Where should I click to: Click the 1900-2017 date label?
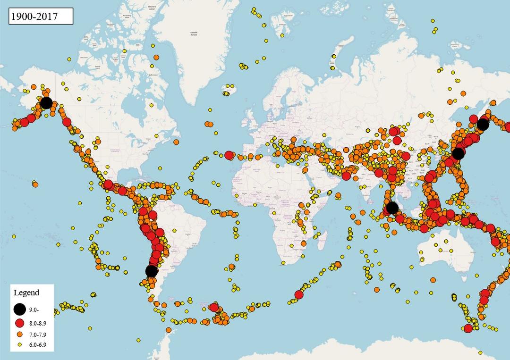tap(41, 17)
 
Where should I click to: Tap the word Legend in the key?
tap(26, 293)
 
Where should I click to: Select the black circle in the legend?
tap(19, 309)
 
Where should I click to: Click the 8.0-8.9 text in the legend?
tap(38, 323)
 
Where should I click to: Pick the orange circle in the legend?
tap(19, 334)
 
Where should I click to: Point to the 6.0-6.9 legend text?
tap(38, 345)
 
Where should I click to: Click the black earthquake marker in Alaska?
tap(46, 103)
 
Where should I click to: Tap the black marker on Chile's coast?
tap(151, 271)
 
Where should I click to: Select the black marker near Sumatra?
tap(392, 208)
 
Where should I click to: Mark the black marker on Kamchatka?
tap(483, 124)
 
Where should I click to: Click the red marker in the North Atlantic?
tap(229, 155)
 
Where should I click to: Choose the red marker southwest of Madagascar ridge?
tap(298, 295)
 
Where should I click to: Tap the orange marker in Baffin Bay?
tap(156, 57)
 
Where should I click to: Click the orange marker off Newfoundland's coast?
tap(176, 142)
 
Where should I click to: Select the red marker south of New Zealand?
tap(468, 328)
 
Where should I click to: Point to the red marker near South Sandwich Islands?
tap(213, 308)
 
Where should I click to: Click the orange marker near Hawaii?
tap(35, 184)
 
